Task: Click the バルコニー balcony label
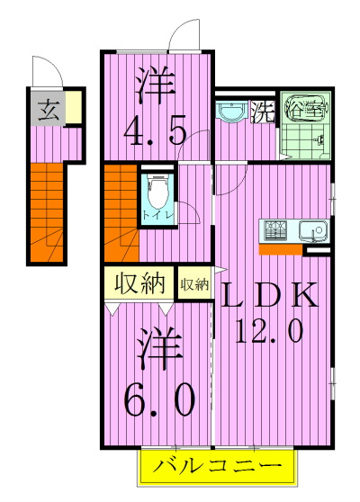click(217, 466)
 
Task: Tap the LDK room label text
click(269, 294)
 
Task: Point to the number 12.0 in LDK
click(269, 332)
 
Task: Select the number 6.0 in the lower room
click(159, 400)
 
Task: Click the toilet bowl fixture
click(157, 193)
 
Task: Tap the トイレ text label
click(158, 216)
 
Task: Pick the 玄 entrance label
click(49, 110)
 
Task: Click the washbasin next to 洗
click(231, 111)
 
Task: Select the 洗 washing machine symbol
click(262, 112)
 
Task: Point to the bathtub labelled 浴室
click(307, 107)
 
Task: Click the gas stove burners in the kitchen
click(275, 230)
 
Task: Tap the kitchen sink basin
click(313, 230)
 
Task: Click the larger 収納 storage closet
click(139, 283)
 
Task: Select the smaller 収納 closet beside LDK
click(194, 283)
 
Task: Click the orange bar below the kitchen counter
click(281, 250)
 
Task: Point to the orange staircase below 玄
click(47, 212)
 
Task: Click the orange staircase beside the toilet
click(121, 213)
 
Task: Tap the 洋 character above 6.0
click(159, 347)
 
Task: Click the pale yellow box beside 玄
click(74, 108)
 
